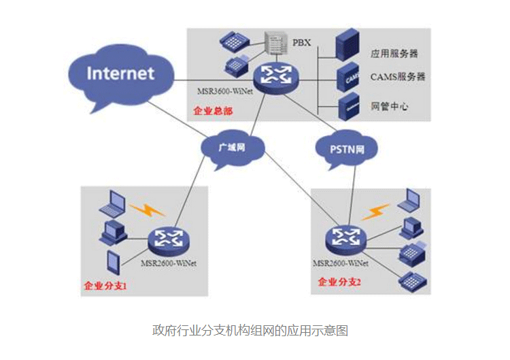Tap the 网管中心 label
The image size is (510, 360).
(389, 107)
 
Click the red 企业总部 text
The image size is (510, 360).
(212, 110)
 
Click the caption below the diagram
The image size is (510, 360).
(250, 331)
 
